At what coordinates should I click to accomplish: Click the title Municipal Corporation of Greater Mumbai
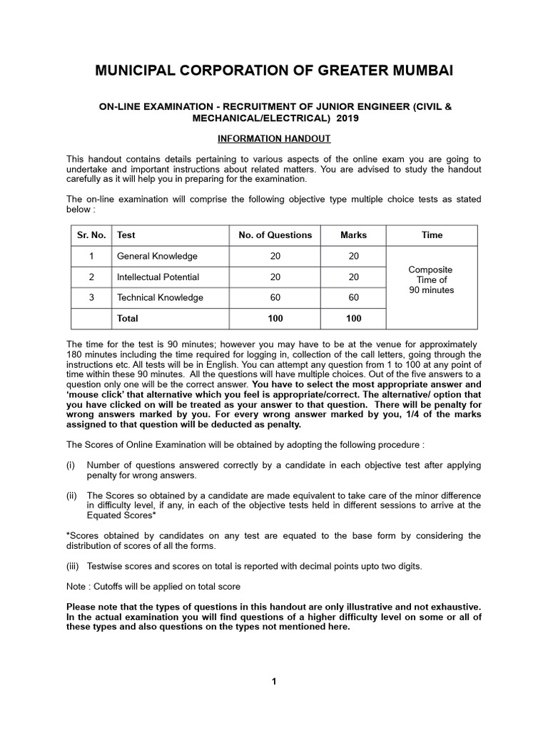[x=274, y=71]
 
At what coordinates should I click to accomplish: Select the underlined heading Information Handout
[x=274, y=138]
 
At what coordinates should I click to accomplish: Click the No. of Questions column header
[x=275, y=235]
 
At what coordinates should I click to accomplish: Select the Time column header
[x=432, y=235]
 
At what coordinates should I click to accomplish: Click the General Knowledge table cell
[x=157, y=256]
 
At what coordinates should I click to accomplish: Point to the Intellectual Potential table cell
[x=158, y=277]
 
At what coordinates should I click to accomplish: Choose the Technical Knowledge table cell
[x=160, y=297]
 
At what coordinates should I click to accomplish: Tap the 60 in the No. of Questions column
[x=275, y=297]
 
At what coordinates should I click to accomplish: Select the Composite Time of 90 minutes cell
[x=431, y=280]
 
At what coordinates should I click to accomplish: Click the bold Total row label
[x=128, y=319]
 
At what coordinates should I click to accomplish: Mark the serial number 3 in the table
[x=91, y=297]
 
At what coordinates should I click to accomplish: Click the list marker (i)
[x=71, y=465]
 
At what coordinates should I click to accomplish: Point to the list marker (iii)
[x=73, y=567]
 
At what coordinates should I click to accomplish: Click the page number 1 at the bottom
[x=274, y=682]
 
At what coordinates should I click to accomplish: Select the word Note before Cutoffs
[x=77, y=586]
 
